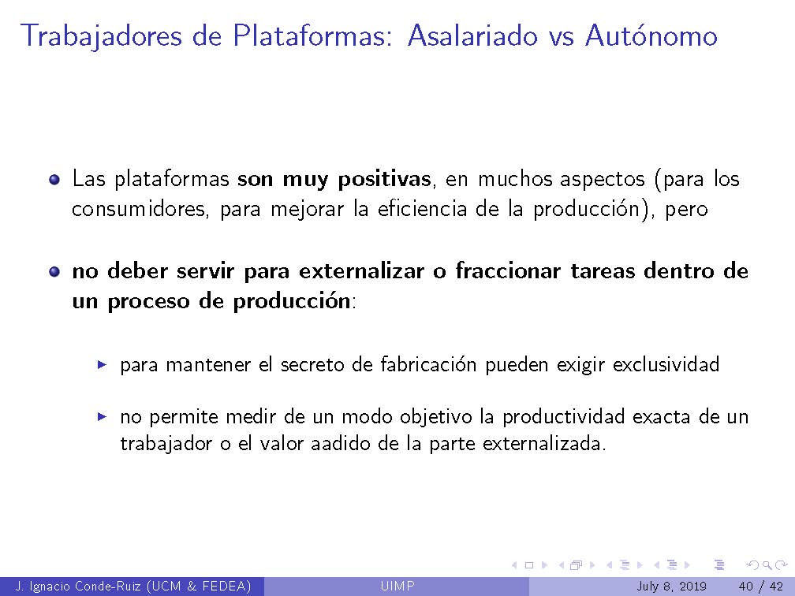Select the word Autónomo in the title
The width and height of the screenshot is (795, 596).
(x=651, y=35)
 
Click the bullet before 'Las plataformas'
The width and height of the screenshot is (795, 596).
(x=54, y=180)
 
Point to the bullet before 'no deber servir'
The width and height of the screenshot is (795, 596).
(x=54, y=272)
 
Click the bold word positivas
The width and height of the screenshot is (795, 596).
(x=385, y=180)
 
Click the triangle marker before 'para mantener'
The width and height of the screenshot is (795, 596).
(x=102, y=366)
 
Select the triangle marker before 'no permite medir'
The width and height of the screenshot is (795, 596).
(x=102, y=416)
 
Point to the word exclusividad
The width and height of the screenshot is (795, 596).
(x=666, y=365)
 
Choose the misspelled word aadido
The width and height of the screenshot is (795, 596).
(x=344, y=443)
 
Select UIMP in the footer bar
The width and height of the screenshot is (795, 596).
(x=397, y=586)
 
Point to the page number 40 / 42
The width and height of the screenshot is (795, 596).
(x=760, y=586)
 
